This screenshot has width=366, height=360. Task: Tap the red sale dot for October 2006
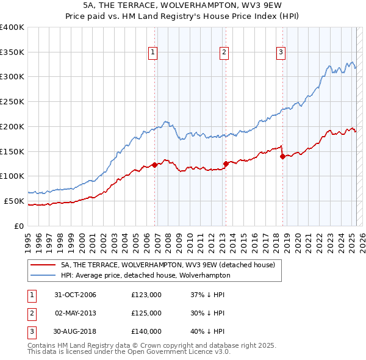(x=155, y=164)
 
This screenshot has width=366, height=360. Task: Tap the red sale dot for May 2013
(x=226, y=163)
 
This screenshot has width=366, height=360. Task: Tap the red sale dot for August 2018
(x=283, y=156)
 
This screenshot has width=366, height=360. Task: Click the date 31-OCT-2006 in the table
(x=76, y=295)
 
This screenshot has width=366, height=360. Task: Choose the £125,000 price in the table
(x=146, y=313)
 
